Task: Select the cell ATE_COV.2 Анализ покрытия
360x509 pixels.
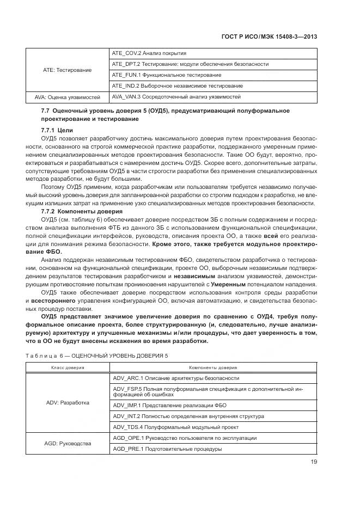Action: click(149, 53)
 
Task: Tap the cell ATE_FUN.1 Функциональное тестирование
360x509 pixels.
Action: click(166, 75)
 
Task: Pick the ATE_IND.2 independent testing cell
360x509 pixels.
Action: click(176, 86)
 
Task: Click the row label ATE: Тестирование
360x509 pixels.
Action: click(68, 70)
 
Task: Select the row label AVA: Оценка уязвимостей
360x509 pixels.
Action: click(68, 97)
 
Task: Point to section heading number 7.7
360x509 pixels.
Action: click(46, 111)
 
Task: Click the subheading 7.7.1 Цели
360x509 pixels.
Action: click(57, 131)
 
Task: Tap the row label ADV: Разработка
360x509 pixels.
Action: click(68, 403)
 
